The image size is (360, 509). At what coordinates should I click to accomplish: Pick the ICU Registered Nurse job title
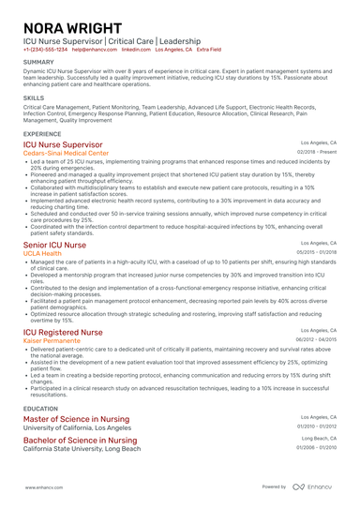point(63,332)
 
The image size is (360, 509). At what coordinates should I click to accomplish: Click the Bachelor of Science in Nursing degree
point(80,440)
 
